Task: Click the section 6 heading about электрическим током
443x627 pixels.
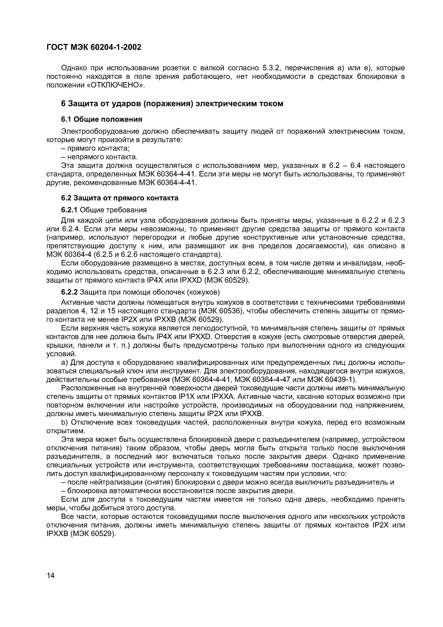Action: pos(172,104)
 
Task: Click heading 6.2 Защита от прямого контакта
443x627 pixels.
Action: pos(120,198)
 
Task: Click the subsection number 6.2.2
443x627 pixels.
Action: pos(69,292)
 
